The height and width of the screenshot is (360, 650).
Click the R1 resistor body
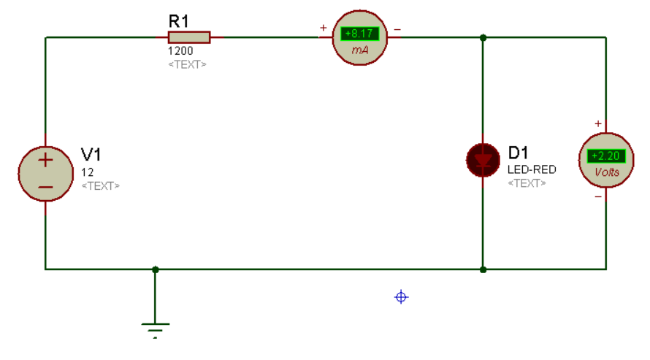[x=189, y=37]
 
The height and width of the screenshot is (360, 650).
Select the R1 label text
[x=179, y=21]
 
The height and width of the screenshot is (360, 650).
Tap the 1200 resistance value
[x=180, y=51]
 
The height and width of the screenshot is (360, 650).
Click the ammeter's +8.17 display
[x=359, y=34]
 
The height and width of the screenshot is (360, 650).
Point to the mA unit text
[x=360, y=50]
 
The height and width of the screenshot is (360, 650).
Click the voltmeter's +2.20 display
[x=606, y=156]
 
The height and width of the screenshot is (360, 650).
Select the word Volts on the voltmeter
[x=607, y=172]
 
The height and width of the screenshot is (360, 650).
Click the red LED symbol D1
[x=483, y=160]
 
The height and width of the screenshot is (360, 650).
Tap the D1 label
[x=519, y=153]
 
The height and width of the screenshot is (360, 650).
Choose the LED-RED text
[x=532, y=169]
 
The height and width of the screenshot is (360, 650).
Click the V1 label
[x=91, y=155]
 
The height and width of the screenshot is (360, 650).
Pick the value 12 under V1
[x=88, y=172]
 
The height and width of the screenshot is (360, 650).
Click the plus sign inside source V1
[x=45, y=161]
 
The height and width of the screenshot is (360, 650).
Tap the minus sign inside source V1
[x=45, y=187]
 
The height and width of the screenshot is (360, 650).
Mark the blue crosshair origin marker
[x=401, y=297]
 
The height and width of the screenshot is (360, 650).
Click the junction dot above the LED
[x=483, y=38]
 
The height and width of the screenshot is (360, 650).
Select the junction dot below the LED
[x=483, y=269]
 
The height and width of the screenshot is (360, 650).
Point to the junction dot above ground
[x=156, y=269]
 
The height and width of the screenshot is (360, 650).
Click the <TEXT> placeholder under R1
[x=188, y=65]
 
